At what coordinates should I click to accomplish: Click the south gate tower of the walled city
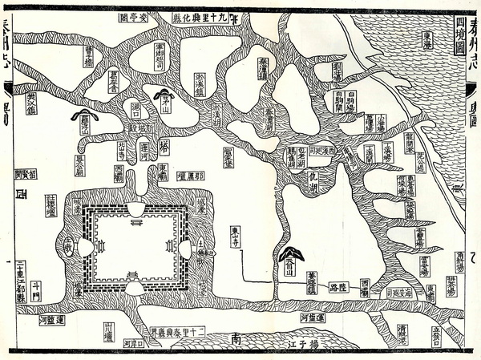click(x=135, y=277)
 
